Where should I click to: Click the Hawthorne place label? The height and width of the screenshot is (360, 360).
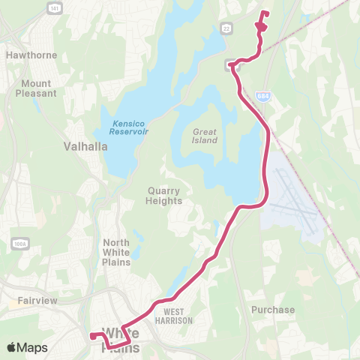coord(27,55)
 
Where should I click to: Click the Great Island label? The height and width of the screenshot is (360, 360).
coord(204,135)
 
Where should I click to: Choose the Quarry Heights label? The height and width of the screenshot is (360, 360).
coord(164,196)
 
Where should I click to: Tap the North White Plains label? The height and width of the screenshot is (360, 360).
coord(116,252)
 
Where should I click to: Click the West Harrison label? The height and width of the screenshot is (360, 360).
coord(178,316)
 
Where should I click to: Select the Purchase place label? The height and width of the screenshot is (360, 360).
coord(273,309)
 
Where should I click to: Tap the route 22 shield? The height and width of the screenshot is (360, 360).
coord(225,27)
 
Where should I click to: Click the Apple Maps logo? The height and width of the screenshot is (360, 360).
coord(28,347)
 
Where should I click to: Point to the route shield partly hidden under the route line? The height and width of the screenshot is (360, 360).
coord(233,65)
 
